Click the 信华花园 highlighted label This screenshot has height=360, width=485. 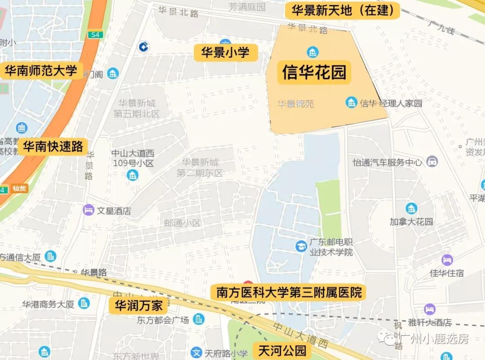314,72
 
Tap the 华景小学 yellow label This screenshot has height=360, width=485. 225,53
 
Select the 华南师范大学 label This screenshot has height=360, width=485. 41,71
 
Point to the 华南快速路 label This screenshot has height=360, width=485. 53,146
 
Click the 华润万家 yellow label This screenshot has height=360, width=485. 138,306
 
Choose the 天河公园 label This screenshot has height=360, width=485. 282,350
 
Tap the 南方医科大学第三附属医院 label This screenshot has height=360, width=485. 289,293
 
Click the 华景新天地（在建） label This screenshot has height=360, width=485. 342,10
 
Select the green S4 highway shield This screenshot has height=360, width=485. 95,34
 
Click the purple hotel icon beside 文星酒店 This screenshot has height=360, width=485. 88,210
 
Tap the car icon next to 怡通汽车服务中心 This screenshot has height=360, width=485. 432,162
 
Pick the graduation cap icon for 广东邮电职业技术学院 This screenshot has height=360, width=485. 301,246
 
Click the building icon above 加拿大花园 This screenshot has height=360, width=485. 411,208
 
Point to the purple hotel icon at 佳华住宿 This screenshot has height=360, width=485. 447,260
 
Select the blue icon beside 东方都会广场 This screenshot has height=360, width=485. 198,319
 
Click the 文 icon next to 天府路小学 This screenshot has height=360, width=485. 196,353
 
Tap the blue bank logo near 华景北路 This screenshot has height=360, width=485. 144,46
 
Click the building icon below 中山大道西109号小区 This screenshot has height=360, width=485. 132,175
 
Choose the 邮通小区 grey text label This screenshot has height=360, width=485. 182,223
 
